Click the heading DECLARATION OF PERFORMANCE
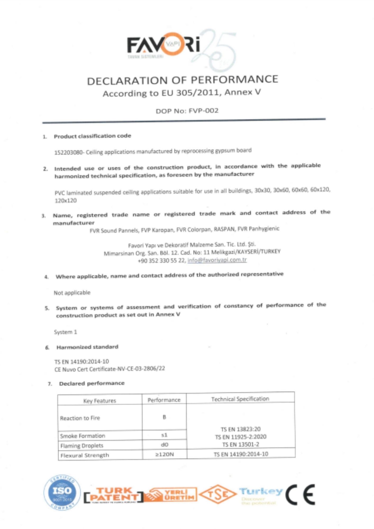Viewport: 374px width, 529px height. pos(183,80)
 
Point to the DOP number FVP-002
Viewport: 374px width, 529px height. pos(203,111)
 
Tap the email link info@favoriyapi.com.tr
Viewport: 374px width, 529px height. pos(217,260)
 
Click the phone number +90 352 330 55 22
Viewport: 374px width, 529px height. pos(162,261)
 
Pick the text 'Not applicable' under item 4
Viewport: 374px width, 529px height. pos(72,293)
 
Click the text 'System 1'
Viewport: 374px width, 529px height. pos(66,332)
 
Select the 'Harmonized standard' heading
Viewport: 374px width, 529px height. pos(87,347)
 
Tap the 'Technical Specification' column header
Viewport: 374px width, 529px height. pos(240,399)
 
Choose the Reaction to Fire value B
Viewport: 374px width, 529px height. pos(164,417)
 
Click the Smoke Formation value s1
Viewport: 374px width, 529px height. pos(164,435)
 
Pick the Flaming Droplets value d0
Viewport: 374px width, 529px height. pos(165,445)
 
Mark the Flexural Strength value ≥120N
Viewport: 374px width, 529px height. pos(165,454)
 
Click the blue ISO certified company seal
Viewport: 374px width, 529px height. pos(62,492)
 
